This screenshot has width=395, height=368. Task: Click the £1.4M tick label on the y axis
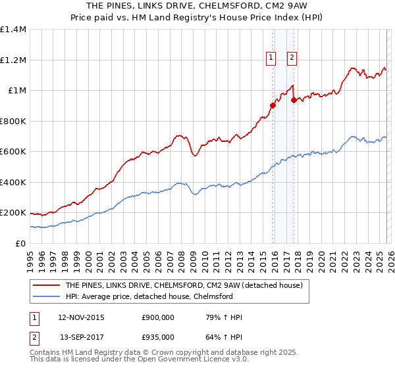[13, 30]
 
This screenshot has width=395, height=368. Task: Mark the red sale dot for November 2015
[273, 105]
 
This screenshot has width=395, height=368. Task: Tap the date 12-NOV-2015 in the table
[82, 318]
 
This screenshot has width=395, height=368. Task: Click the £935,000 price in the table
[158, 336]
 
